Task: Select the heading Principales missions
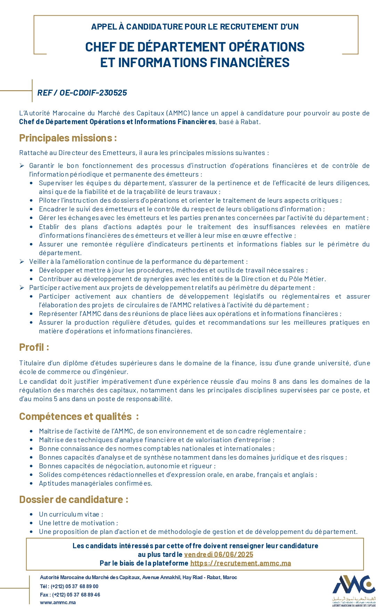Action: pos(68,138)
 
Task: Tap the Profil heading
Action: pos(34,347)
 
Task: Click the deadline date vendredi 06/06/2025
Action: pos(219,554)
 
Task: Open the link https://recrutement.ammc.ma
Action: pos(241,563)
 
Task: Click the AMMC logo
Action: pos(354,590)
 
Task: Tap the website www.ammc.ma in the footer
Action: pos(58,602)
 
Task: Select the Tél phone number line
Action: pos(69,586)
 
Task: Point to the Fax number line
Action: pos(70,594)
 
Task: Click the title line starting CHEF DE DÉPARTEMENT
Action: pos(195,47)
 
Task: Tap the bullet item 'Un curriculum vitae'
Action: pos(71,514)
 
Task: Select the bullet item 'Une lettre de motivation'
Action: pos(78,523)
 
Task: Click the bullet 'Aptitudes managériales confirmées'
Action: pos(95,483)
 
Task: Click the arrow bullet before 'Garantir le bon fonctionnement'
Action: pos(22,165)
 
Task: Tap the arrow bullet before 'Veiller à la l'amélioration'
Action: pos(22,261)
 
